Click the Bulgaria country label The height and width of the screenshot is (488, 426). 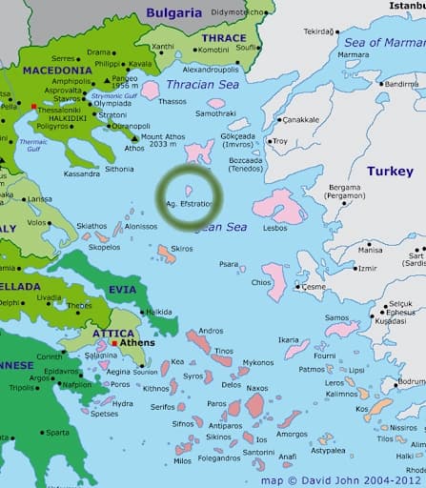tap(174, 12)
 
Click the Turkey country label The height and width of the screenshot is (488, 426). tap(390, 172)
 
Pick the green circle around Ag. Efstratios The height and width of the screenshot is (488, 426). tap(189, 197)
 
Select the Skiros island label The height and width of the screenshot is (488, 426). tap(181, 248)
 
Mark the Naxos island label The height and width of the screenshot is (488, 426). tap(258, 389)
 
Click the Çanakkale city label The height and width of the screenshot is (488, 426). tap(299, 119)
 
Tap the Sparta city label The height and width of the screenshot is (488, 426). tap(56, 432)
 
